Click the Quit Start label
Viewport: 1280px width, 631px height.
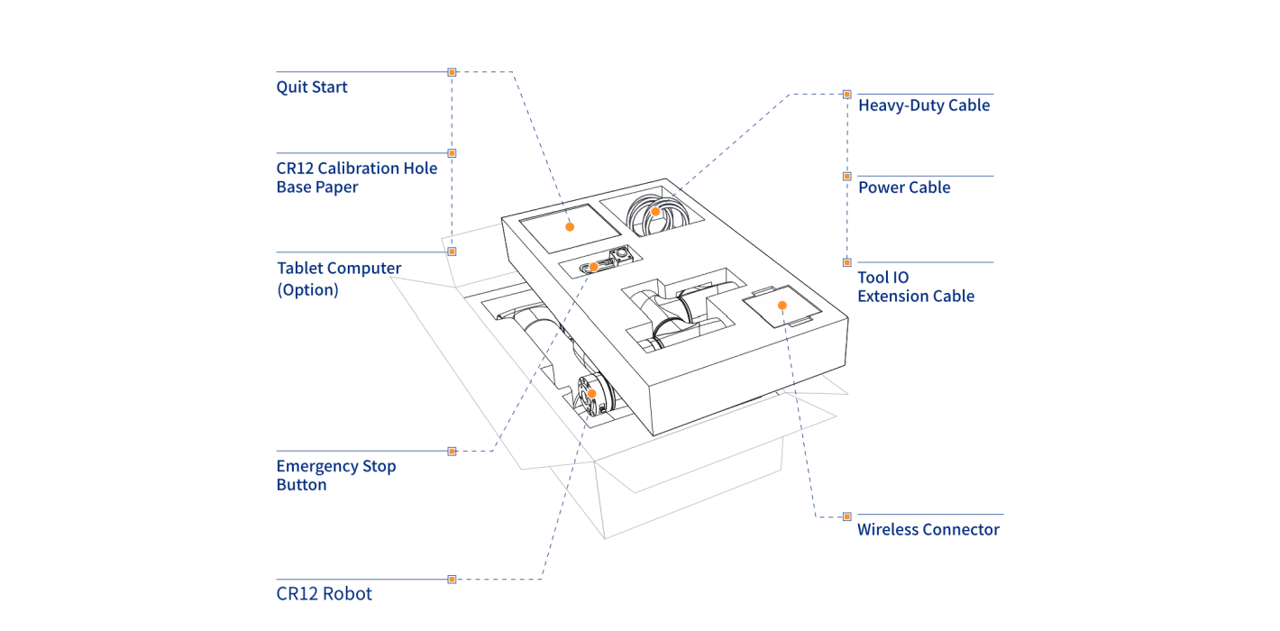pos(312,87)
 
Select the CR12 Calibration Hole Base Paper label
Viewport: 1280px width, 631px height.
pos(356,178)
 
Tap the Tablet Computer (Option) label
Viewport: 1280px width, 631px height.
pos(338,279)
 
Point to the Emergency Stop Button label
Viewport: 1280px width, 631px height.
pos(335,475)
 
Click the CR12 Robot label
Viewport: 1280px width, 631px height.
pos(324,594)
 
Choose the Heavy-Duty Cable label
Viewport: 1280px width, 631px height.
pos(923,105)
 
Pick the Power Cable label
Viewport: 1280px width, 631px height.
pos(903,187)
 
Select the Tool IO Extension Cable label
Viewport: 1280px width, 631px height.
pos(915,287)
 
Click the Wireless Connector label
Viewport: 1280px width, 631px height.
pos(928,530)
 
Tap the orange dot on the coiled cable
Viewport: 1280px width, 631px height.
pos(656,212)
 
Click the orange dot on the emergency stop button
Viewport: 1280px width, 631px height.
pos(594,267)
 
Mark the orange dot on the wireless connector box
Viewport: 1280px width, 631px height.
pos(782,306)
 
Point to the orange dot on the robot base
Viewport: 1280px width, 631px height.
pos(592,393)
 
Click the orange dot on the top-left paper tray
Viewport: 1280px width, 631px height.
pos(570,226)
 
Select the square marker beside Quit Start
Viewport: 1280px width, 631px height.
pos(452,72)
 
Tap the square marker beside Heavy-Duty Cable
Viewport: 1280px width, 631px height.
pos(846,94)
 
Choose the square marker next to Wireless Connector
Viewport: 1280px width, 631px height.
pos(846,517)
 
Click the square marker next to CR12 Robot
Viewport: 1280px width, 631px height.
pos(452,579)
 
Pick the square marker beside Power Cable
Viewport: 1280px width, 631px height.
pos(846,177)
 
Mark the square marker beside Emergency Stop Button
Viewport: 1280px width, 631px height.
pos(452,451)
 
